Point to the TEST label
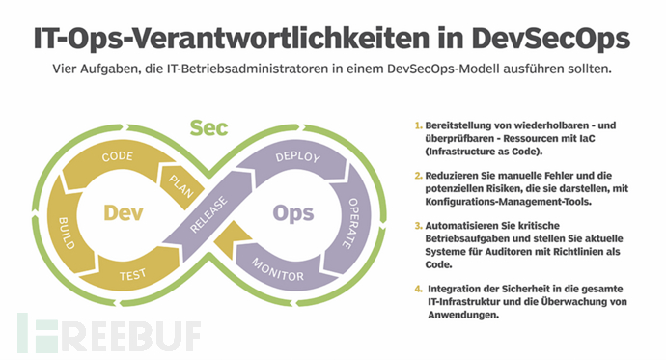pyautogui.click(x=133, y=275)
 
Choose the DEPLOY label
pyautogui.click(x=297, y=156)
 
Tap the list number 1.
pyautogui.click(x=419, y=126)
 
